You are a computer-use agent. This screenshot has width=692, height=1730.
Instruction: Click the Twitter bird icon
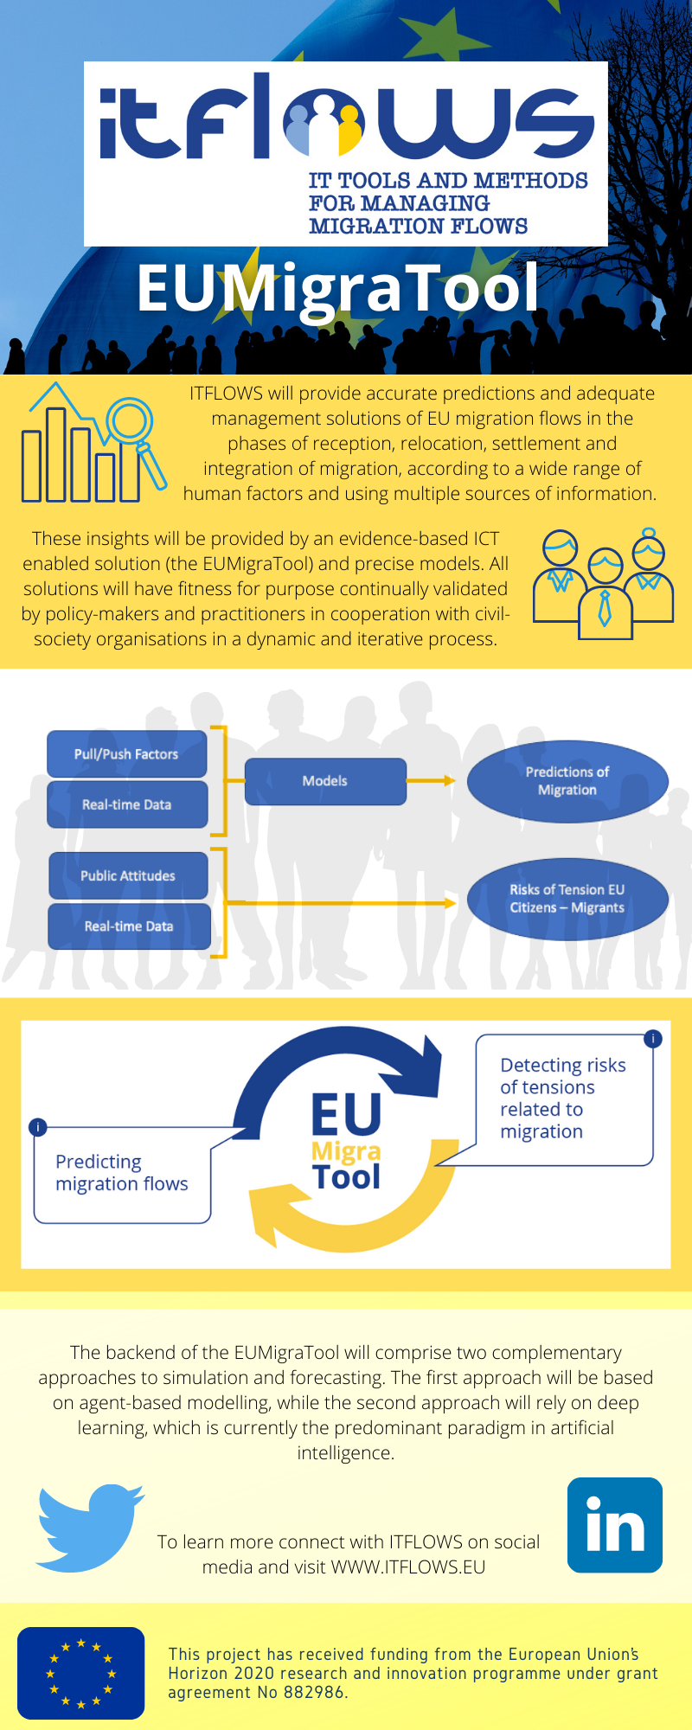point(88,1528)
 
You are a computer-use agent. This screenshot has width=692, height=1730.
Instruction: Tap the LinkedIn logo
point(615,1525)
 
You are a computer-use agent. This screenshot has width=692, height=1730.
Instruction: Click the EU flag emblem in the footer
point(80,1673)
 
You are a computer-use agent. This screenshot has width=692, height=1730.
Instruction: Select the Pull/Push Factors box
point(126,754)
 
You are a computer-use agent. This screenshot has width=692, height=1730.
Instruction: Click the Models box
point(325,781)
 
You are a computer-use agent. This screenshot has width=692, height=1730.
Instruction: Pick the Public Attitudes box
point(128,875)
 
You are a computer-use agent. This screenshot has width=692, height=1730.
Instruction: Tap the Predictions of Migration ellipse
point(567,781)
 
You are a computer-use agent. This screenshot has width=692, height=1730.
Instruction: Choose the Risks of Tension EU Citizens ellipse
point(567,899)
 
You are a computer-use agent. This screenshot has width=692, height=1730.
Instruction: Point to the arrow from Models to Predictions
point(431,781)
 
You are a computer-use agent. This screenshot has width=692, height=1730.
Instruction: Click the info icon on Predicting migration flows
point(37,1127)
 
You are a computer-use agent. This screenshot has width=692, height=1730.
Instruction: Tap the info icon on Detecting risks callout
point(653,1039)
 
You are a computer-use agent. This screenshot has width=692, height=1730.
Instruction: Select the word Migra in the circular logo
point(346,1151)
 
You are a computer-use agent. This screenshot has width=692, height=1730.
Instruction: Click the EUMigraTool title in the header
point(338,288)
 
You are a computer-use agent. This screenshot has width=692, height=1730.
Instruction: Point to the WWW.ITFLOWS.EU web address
point(408,1567)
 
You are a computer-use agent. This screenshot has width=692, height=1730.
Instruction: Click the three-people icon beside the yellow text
point(604,583)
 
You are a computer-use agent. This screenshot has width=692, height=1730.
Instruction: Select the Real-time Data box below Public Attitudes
point(129,926)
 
